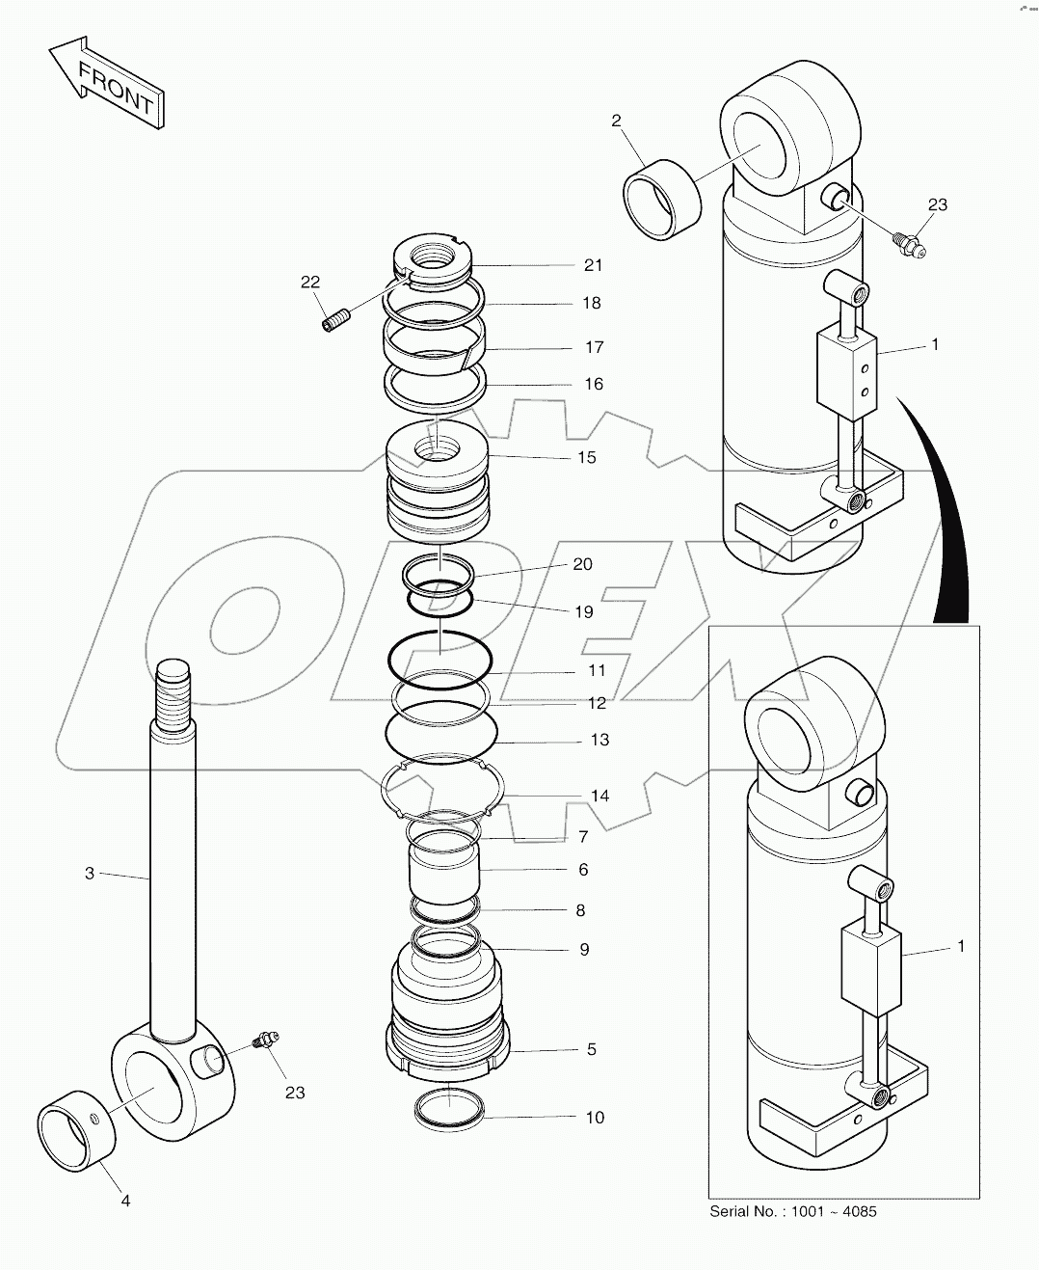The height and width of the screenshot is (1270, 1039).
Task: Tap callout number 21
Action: [x=592, y=265]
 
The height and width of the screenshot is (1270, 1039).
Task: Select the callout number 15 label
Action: [x=586, y=457]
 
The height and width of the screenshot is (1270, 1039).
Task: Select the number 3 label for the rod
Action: [x=90, y=874]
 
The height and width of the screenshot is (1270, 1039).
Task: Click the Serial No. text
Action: [x=792, y=1211]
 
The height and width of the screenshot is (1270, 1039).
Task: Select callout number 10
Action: [x=595, y=1118]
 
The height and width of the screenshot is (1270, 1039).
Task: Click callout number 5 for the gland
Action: [x=592, y=1049]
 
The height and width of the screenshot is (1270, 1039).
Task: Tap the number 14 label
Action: [x=599, y=796]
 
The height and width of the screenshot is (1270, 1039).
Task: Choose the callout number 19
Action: [x=583, y=611]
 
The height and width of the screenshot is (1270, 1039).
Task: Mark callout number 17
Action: [x=594, y=347]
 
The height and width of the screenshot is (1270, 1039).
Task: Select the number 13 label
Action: [x=599, y=740]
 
